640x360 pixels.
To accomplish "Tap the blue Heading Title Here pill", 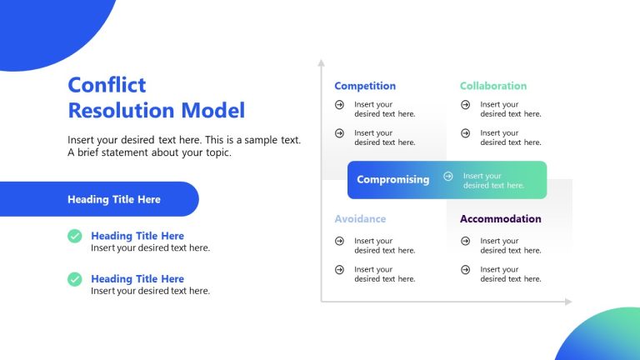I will point(114,199).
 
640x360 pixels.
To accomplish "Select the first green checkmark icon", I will point(75,236).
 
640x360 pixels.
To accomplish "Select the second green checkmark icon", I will point(75,279).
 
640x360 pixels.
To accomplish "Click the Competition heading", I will point(365,86).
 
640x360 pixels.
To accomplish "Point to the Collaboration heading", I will point(493,86).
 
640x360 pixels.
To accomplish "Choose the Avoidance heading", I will point(360,219).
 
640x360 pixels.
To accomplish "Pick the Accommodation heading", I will point(500,219).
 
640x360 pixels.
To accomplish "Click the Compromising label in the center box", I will point(393,179).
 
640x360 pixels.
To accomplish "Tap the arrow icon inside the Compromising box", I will point(448,176).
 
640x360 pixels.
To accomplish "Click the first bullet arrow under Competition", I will point(339,105).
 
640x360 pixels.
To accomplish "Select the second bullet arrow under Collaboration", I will point(465,133).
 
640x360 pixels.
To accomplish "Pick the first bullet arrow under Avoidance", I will point(339,241).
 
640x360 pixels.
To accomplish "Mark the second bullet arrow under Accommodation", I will point(465,269).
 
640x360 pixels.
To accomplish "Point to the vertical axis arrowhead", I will point(321,62).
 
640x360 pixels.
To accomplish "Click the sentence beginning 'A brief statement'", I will point(149,153).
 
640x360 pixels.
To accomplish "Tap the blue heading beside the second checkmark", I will point(137,279).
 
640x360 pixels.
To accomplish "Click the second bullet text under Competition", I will point(384,137).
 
